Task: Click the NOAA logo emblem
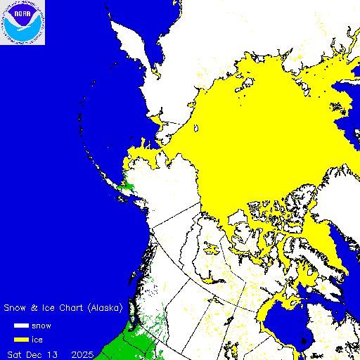coord(22,22)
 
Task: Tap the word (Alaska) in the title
coord(105,308)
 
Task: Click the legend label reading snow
coord(51,326)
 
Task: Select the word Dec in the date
coord(45,352)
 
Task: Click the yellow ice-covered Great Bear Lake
coord(212,247)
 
